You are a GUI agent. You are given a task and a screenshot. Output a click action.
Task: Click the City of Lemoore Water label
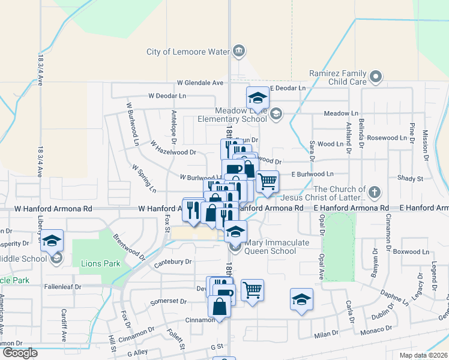point(188,52)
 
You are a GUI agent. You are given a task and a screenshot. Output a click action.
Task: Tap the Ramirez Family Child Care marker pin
point(376,77)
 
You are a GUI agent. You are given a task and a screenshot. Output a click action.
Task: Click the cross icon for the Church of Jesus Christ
point(374,193)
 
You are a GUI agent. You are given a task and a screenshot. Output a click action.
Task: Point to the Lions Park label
point(100,263)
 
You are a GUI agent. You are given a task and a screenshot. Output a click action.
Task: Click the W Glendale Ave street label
point(200,83)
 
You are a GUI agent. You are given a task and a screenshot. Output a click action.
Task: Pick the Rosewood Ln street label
point(387,138)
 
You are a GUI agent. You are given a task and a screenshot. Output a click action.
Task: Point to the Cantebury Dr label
point(172,262)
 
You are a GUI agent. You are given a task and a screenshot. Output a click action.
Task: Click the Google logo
point(20,353)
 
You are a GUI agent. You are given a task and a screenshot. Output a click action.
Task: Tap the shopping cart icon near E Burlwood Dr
point(267,180)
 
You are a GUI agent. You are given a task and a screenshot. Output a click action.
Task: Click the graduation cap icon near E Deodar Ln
point(258,97)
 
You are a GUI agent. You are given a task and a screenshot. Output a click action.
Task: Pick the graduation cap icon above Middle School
point(52,241)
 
